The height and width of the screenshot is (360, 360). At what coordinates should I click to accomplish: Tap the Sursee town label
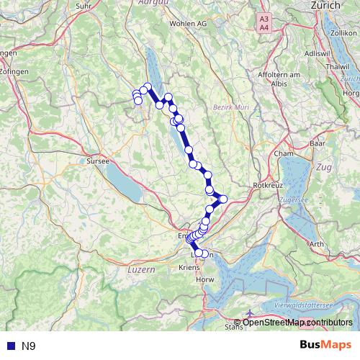coord(96,161)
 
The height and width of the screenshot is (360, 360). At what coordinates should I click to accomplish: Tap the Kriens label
coord(188,267)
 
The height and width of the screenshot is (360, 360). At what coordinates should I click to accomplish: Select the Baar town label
coord(318,144)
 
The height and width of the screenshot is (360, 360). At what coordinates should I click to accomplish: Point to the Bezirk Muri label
coord(230,107)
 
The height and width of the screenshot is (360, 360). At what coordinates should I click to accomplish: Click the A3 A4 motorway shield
coord(264,22)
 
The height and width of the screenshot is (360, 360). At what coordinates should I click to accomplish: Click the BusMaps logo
coord(326,346)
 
